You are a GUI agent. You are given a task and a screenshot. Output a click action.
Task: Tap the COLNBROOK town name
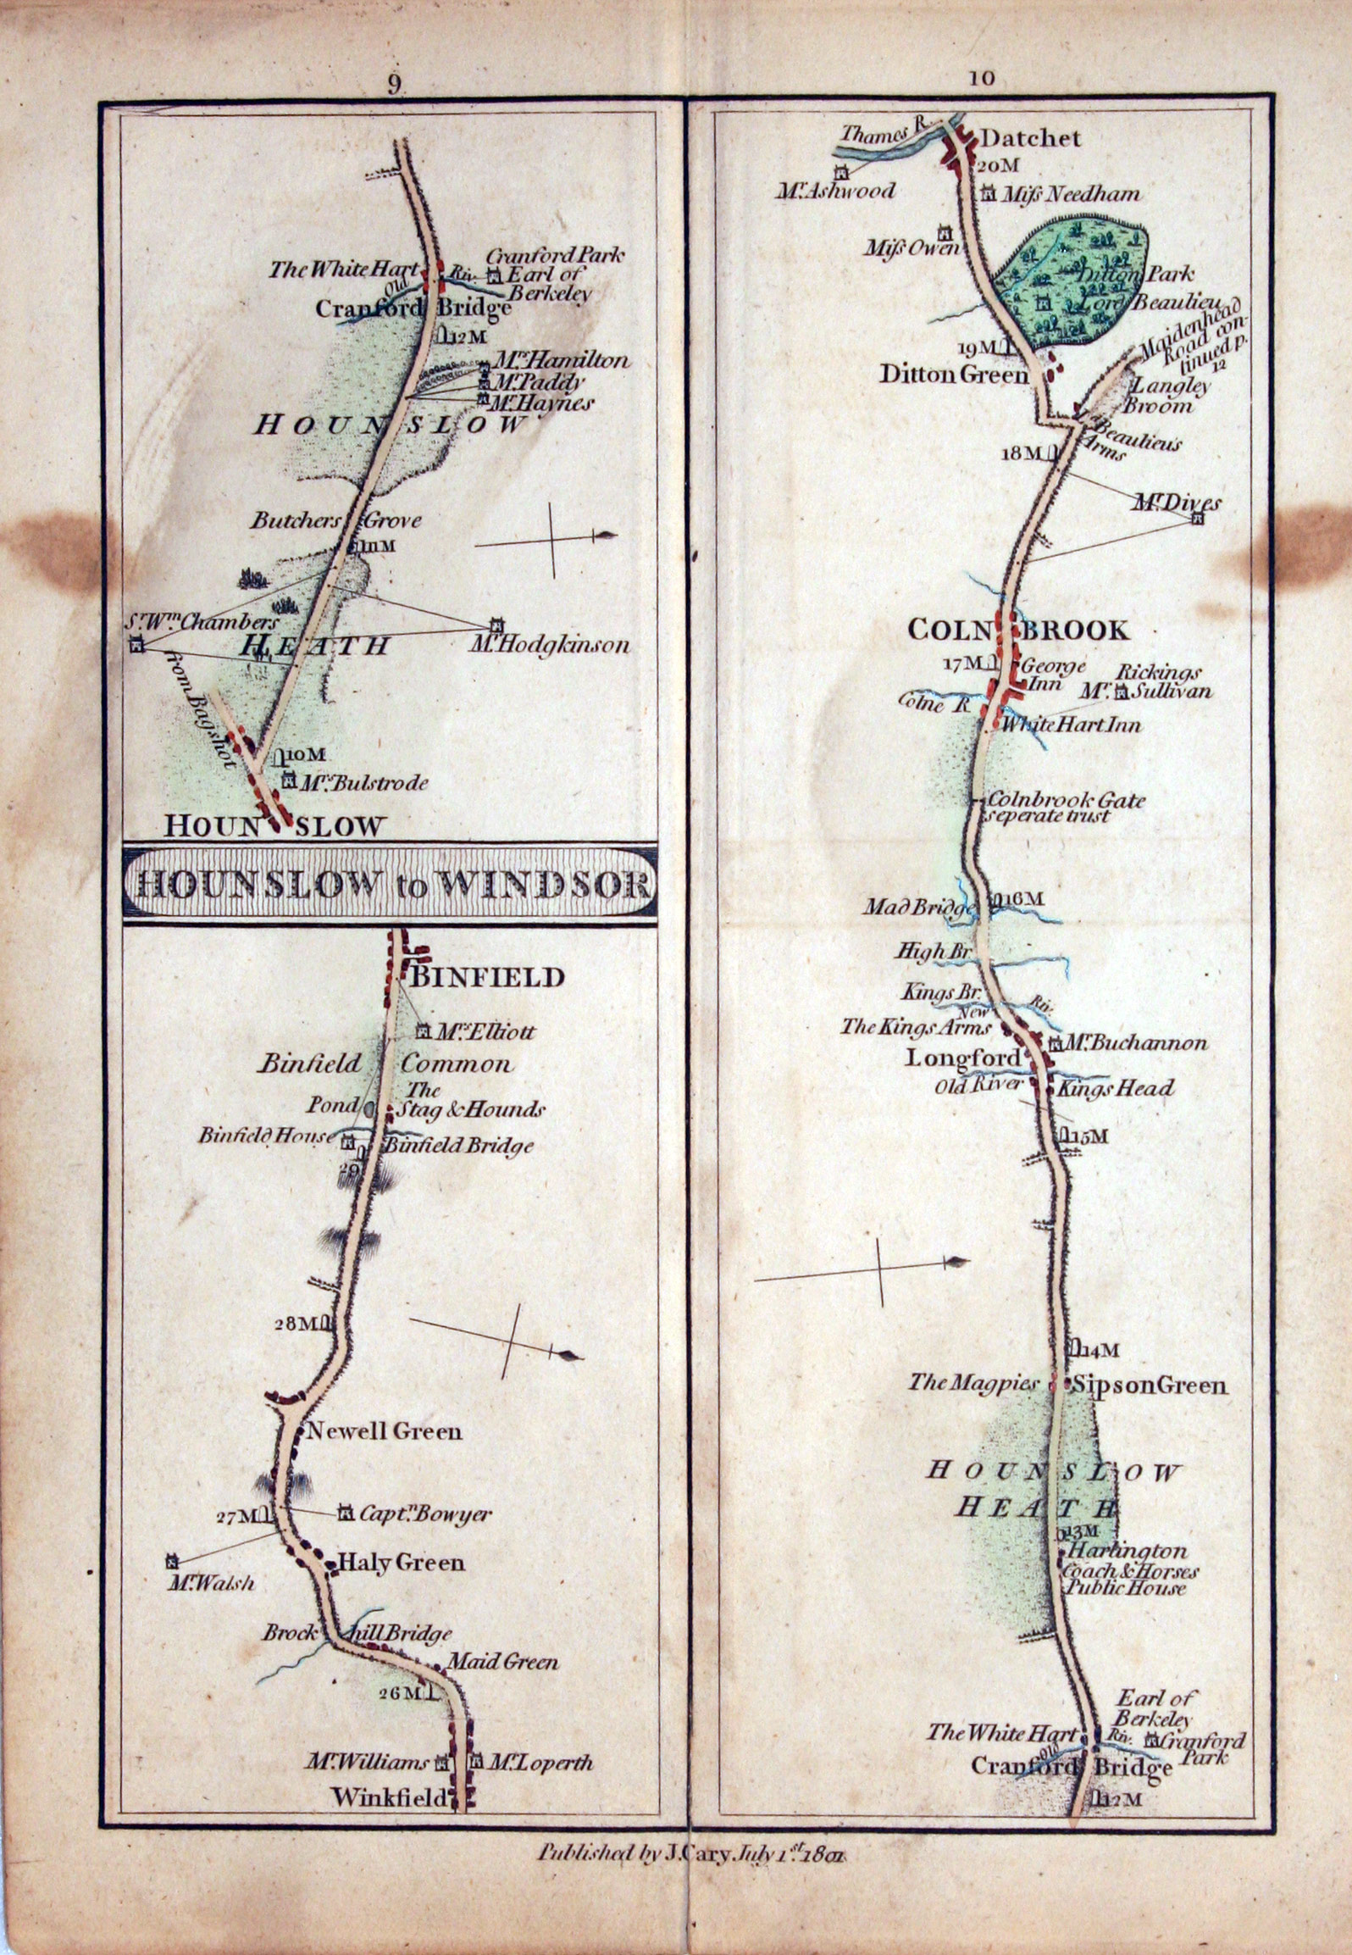point(1018,630)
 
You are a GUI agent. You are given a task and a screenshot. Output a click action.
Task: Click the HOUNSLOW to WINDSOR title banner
point(391,885)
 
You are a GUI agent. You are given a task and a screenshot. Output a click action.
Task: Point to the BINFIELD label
point(487,977)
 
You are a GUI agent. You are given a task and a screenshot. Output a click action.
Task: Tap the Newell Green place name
point(384,1432)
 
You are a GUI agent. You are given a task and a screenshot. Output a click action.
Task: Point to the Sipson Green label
point(1148,1386)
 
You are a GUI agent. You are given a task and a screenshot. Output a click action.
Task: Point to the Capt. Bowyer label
point(425,1514)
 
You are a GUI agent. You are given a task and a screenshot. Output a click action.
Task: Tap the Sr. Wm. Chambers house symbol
point(137,647)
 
